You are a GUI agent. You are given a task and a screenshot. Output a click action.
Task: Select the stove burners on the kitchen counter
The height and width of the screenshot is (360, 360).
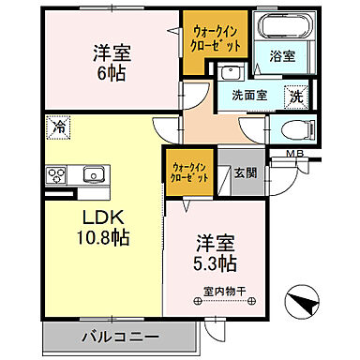tap(55, 174)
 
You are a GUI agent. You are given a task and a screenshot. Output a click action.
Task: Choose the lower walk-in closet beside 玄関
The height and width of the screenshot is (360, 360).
tap(190, 172)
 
